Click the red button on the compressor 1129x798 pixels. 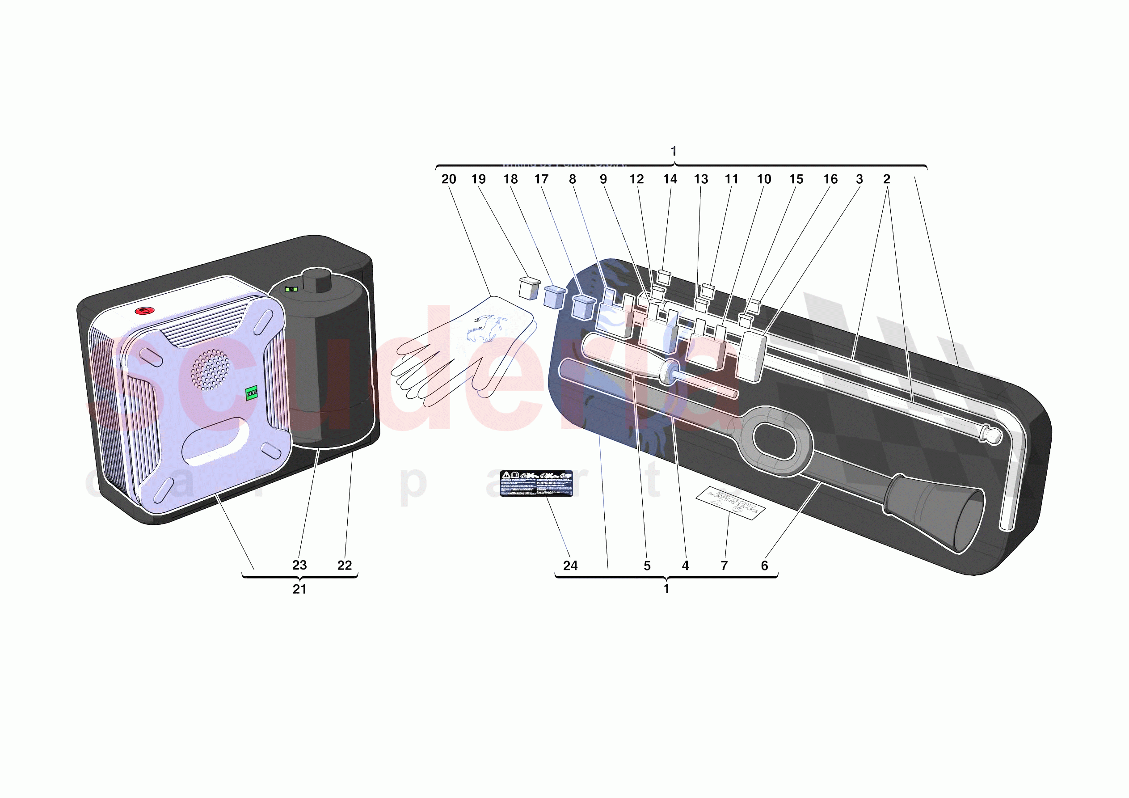[144, 311]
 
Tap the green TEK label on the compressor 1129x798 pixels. [251, 393]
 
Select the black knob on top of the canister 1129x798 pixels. [317, 279]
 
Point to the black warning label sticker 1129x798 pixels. [536, 483]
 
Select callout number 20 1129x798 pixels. [448, 179]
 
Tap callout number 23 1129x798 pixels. [299, 565]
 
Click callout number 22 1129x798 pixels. [344, 565]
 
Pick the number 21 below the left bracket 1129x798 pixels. [299, 589]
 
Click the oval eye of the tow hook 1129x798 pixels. [774, 440]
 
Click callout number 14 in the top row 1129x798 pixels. [670, 179]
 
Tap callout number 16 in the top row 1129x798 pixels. [830, 179]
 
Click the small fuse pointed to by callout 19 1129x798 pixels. [529, 289]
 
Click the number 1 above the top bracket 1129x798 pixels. [674, 151]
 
